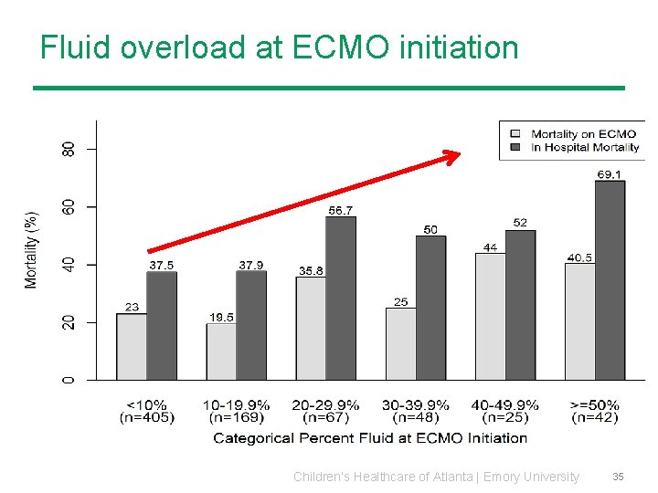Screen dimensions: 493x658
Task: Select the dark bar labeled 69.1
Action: [x=610, y=279]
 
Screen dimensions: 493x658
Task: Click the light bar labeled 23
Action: [x=132, y=346]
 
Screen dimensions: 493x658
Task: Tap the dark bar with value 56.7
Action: [x=341, y=298]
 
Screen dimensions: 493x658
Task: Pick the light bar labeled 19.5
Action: [x=221, y=351]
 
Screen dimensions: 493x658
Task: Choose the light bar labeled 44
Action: [x=490, y=316]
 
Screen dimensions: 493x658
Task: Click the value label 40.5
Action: [x=579, y=257]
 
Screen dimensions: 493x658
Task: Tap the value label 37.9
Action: [x=251, y=265]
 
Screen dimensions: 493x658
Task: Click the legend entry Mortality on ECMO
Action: [x=583, y=134]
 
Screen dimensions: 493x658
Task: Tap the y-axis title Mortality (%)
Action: [x=32, y=249]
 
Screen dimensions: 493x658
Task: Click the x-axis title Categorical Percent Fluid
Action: [x=370, y=438]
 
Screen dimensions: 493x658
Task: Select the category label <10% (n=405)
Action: [x=146, y=411]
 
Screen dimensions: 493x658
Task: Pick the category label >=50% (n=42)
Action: [x=594, y=411]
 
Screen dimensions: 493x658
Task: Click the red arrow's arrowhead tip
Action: [x=461, y=156]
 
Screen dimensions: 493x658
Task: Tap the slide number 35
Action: [x=618, y=477]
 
